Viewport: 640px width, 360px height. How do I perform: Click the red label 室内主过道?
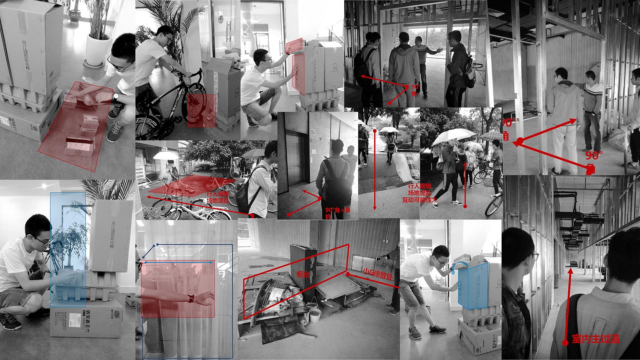[596, 339]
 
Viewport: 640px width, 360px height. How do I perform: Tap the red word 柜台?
[303, 274]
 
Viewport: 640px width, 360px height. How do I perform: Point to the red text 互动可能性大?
[419, 200]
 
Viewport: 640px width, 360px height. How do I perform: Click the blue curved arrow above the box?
[459, 266]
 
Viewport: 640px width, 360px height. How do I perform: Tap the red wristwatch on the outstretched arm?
[191, 298]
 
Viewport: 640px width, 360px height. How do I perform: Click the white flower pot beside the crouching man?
[98, 50]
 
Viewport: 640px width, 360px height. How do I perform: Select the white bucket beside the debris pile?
[315, 315]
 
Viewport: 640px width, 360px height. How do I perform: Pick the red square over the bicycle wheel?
[202, 111]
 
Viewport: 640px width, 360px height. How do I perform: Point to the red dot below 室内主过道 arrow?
[565, 342]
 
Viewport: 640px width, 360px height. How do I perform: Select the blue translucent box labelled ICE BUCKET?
[473, 285]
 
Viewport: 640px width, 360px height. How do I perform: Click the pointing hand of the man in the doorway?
[440, 50]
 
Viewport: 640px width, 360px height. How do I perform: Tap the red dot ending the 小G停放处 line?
[348, 274]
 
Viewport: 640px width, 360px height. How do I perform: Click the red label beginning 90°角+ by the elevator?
[337, 213]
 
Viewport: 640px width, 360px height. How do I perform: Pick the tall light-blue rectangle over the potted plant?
[68, 249]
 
